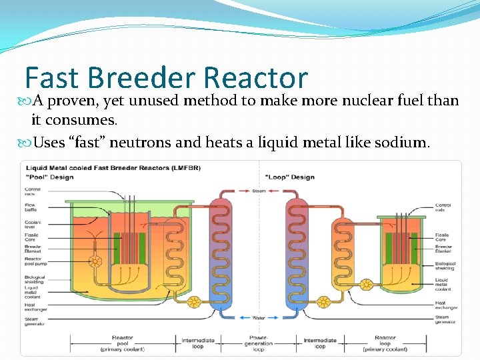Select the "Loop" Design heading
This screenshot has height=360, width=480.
pyautogui.click(x=289, y=177)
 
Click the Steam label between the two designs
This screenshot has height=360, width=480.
pyautogui.click(x=259, y=191)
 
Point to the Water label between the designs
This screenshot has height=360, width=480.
pyautogui.click(x=259, y=317)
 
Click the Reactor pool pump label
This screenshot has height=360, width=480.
pyautogui.click(x=33, y=261)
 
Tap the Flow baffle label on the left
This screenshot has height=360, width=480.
pyautogui.click(x=31, y=207)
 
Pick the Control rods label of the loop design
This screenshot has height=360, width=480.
pyautogui.click(x=443, y=207)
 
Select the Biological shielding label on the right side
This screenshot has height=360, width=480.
pyautogui.click(x=444, y=265)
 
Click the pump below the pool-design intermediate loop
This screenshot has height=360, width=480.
pyautogui.click(x=194, y=302)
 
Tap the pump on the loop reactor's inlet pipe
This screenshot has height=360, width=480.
pyautogui.click(x=365, y=285)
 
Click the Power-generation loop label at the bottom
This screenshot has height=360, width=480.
pyautogui.click(x=259, y=343)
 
